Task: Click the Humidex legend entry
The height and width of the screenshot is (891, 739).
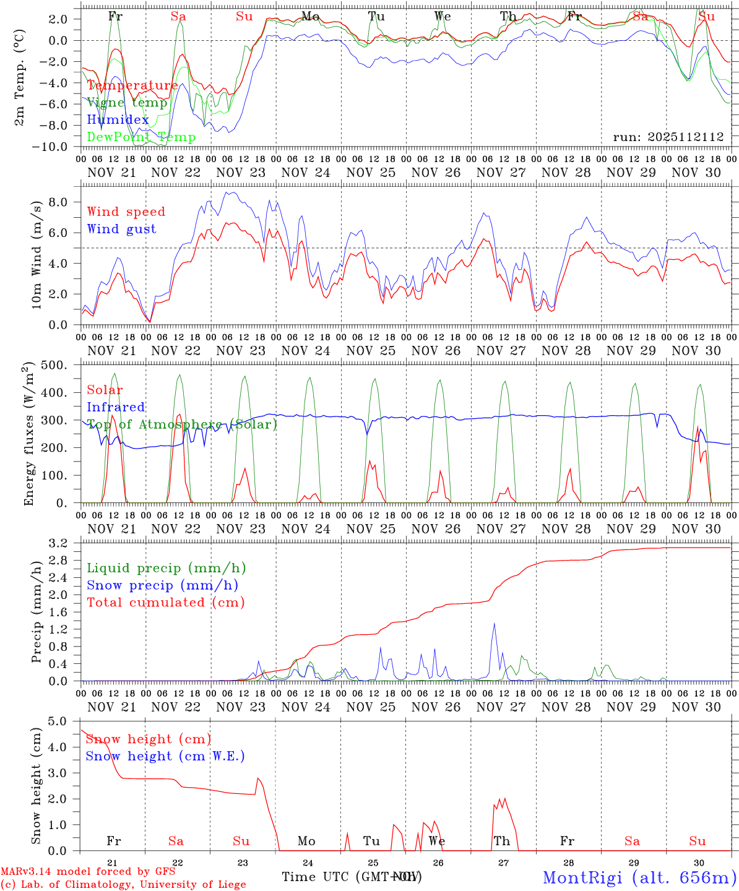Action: [x=118, y=120]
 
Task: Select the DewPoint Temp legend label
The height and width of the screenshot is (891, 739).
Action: [x=141, y=137]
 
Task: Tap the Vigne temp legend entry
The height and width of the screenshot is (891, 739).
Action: [x=127, y=103]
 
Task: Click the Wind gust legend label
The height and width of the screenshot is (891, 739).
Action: [x=121, y=229]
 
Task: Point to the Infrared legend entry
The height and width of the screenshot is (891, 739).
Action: [x=116, y=407]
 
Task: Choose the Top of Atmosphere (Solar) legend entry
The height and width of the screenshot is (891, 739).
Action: [x=182, y=424]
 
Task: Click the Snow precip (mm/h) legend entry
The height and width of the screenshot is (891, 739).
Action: [x=162, y=585]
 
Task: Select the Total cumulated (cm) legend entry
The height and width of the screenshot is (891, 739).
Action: [x=165, y=602]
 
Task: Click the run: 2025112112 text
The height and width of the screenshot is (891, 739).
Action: [x=668, y=137]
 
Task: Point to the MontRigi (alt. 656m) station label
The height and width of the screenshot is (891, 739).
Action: [x=639, y=877]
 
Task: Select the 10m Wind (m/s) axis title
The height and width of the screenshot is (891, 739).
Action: [x=37, y=255]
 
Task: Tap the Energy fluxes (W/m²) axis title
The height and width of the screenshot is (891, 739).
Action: [x=28, y=435]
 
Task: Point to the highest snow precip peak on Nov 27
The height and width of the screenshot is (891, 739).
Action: [x=494, y=624]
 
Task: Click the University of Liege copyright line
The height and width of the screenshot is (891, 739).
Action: [x=123, y=885]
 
